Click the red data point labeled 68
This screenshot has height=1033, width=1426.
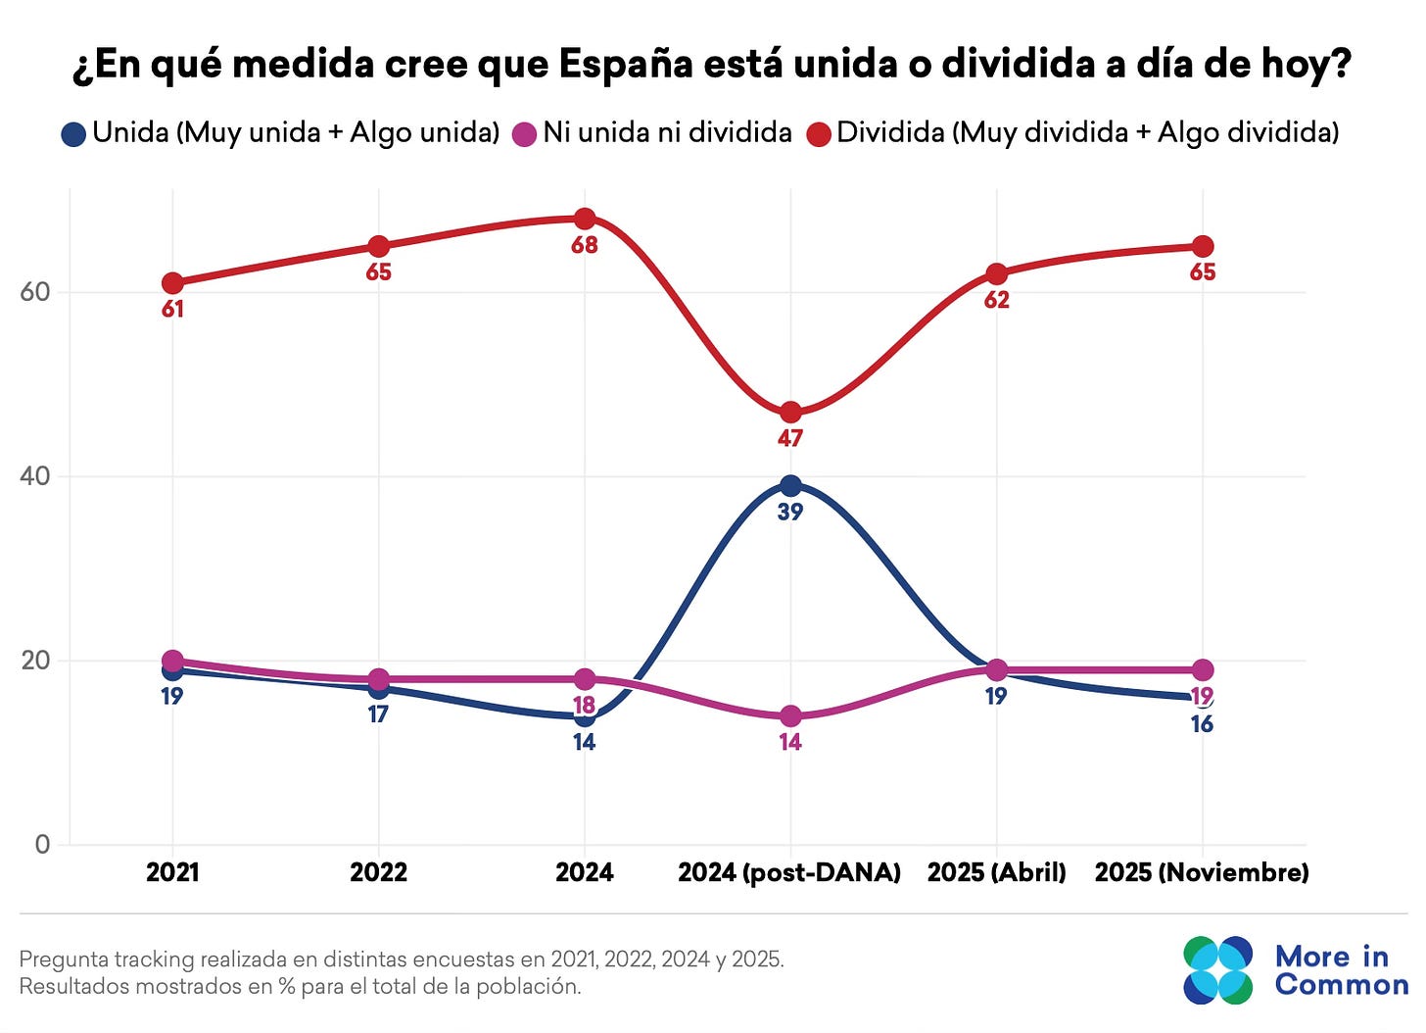(x=585, y=219)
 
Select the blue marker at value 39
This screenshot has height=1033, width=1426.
(x=790, y=486)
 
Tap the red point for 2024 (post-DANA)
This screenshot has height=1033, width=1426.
(x=790, y=413)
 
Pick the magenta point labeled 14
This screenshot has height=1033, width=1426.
(x=790, y=716)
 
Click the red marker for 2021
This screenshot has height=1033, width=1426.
(x=172, y=283)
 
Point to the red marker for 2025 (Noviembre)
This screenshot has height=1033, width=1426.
(x=1202, y=247)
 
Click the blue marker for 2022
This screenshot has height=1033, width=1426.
(x=378, y=689)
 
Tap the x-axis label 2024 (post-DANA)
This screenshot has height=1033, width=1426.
(x=789, y=872)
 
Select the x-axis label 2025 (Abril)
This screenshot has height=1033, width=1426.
(x=996, y=872)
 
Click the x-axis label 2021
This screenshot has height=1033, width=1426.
(x=172, y=872)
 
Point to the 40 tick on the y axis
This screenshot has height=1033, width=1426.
(x=35, y=476)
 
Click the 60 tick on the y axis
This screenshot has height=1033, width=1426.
(x=35, y=292)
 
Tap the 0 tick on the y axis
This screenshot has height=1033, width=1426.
(x=42, y=845)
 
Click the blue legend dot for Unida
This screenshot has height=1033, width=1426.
(x=73, y=134)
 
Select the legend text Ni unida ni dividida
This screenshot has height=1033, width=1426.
(x=667, y=132)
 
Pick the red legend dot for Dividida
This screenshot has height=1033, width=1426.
(x=819, y=134)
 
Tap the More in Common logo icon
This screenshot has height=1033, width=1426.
(x=1217, y=970)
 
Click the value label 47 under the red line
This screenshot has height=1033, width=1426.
(x=790, y=439)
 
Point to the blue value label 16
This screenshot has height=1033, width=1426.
(x=1202, y=725)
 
